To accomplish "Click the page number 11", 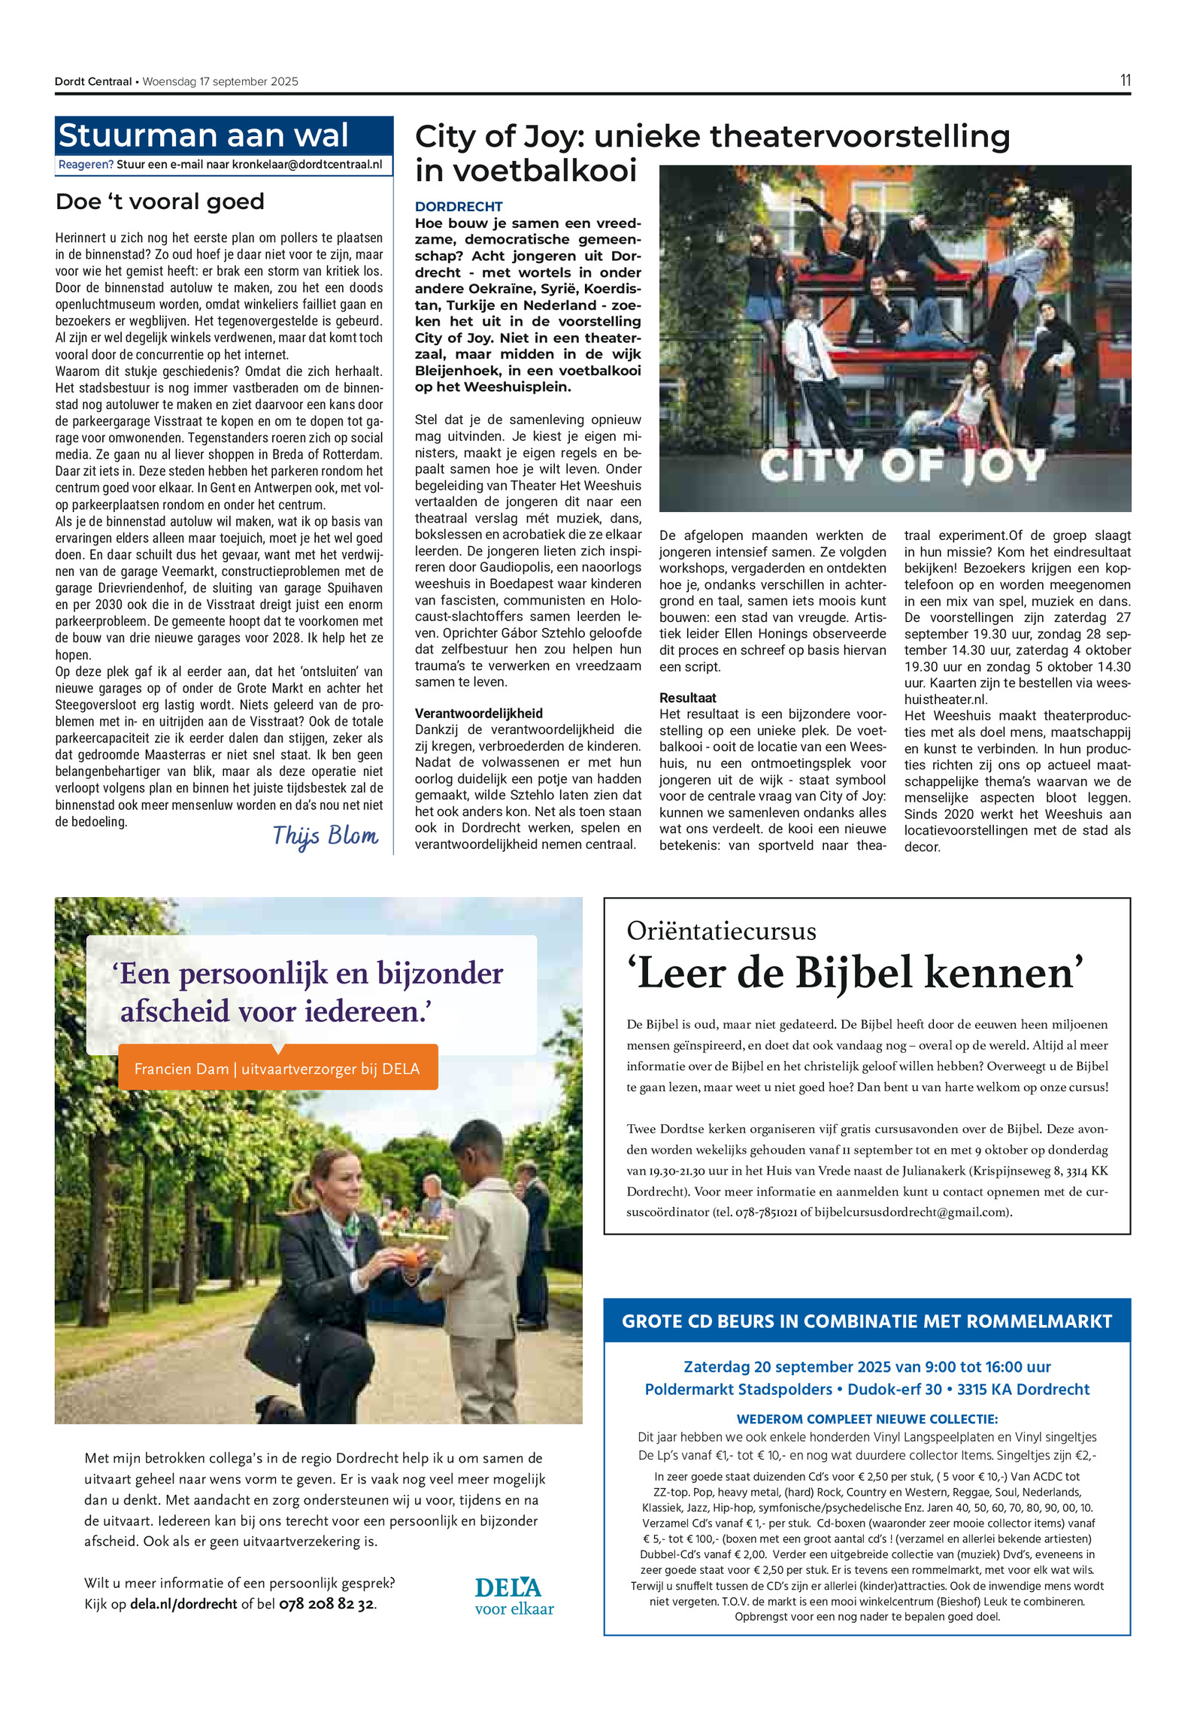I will pyautogui.click(x=1125, y=80).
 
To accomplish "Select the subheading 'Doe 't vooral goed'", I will pyautogui.click(x=160, y=202).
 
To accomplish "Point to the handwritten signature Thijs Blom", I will pyautogui.click(x=325, y=835).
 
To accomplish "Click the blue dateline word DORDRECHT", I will pyautogui.click(x=459, y=207).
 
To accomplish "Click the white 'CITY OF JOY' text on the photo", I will pyautogui.click(x=902, y=466).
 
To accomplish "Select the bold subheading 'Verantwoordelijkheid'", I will pyautogui.click(x=479, y=713).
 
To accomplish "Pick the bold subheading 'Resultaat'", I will pyautogui.click(x=688, y=698).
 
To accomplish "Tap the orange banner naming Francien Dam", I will pyautogui.click(x=277, y=1069).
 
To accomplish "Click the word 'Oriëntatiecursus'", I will pyautogui.click(x=721, y=931).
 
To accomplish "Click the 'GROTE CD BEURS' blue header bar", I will pyautogui.click(x=867, y=1321).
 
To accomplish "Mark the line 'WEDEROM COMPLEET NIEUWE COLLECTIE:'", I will pyautogui.click(x=867, y=1419).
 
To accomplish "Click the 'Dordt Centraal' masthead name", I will pyautogui.click(x=93, y=82).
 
